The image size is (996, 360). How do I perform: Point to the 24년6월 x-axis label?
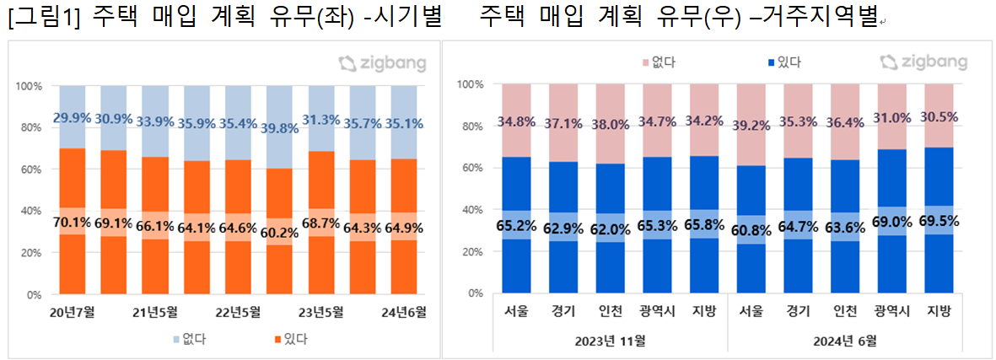click(404, 312)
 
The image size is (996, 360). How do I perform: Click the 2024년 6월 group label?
click(845, 341)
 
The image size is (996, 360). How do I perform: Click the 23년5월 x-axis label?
click(321, 312)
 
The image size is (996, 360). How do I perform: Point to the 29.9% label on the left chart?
click(72, 119)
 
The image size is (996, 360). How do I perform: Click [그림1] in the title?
click(40, 19)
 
